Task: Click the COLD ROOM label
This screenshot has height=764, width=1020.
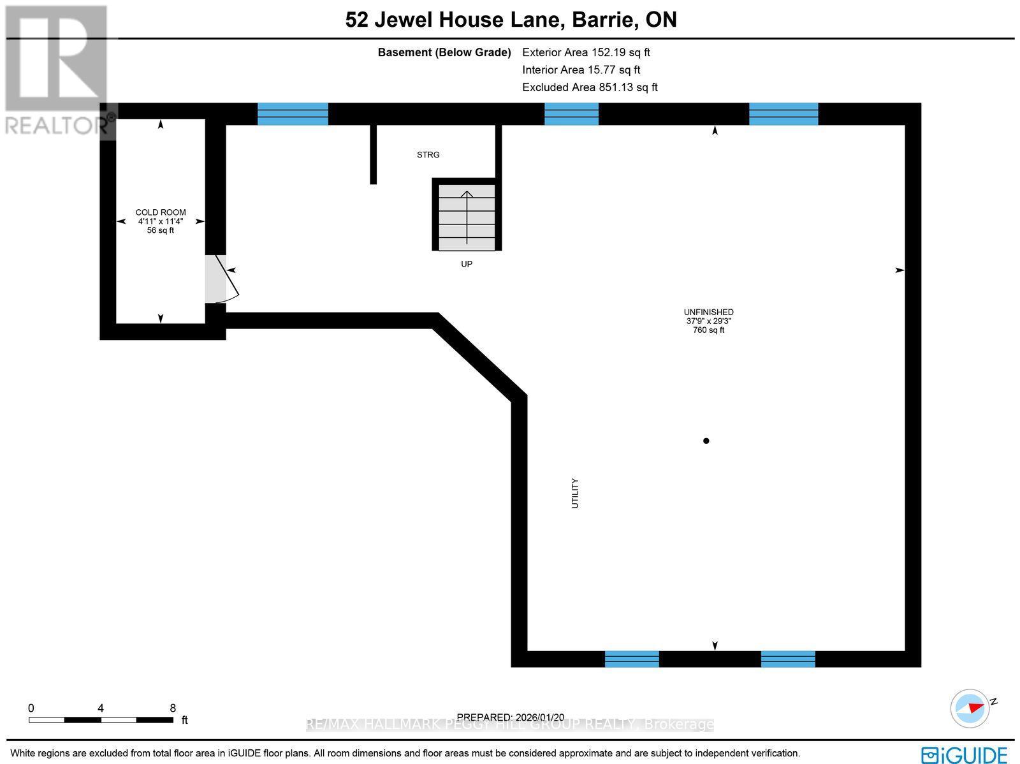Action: coord(161,212)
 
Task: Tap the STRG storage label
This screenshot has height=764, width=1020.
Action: coord(428,155)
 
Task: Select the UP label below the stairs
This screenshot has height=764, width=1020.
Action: coord(467,264)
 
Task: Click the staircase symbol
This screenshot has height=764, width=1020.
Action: coord(467,217)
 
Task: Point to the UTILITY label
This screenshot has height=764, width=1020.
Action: coord(575,493)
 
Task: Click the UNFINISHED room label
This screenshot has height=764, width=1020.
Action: coord(708,312)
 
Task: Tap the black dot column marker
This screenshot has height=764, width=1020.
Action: coord(706,441)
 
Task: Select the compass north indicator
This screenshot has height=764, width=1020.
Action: coord(972,708)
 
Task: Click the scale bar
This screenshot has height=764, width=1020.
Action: coord(101,719)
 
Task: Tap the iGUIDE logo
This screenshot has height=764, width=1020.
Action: coord(964,754)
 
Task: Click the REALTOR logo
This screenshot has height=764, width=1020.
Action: coord(57,70)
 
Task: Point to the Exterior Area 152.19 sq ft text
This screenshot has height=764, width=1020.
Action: coord(586,52)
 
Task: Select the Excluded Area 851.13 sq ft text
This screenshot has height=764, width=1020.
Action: coord(590,87)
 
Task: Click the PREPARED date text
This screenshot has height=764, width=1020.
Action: coord(510,717)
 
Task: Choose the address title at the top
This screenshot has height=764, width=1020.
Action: coord(511,20)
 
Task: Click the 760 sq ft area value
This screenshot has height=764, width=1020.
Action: coord(708,330)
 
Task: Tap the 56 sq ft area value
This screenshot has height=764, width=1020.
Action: coord(161,230)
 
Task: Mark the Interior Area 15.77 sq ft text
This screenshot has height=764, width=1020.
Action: coord(581,70)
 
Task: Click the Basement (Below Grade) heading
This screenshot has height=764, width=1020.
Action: coord(444,52)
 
